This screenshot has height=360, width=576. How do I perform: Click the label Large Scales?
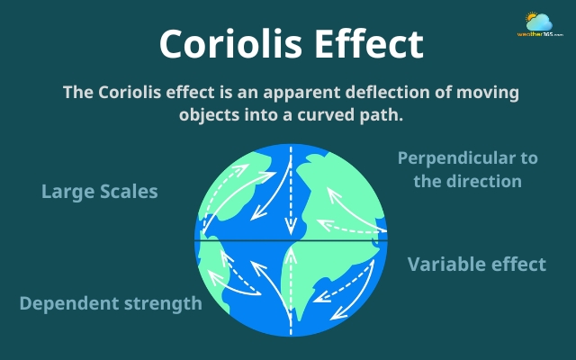pyautogui.click(x=99, y=192)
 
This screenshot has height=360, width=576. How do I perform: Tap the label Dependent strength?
pyautogui.click(x=111, y=303)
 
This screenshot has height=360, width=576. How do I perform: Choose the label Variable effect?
pyautogui.click(x=476, y=264)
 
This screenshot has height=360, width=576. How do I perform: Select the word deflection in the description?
pyautogui.click(x=397, y=93)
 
